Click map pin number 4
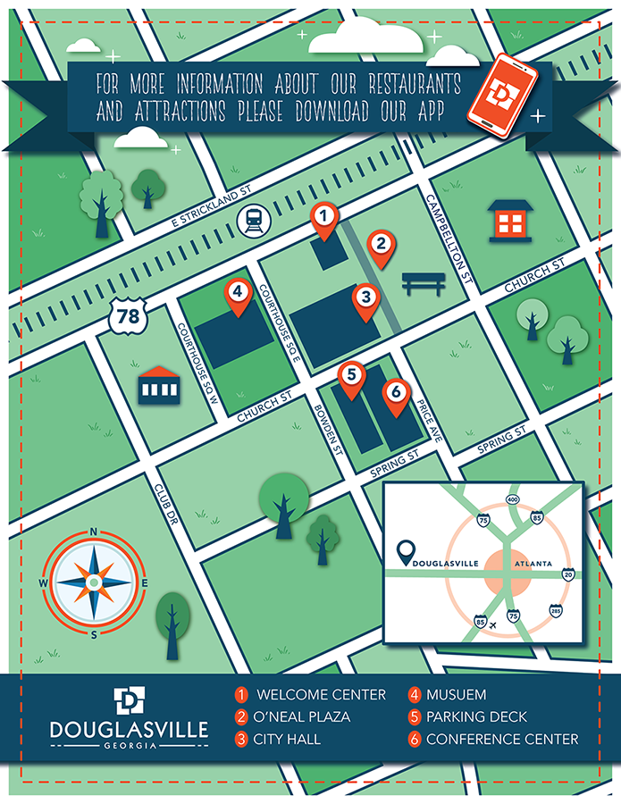coord(238,296)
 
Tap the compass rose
coord(94,582)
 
